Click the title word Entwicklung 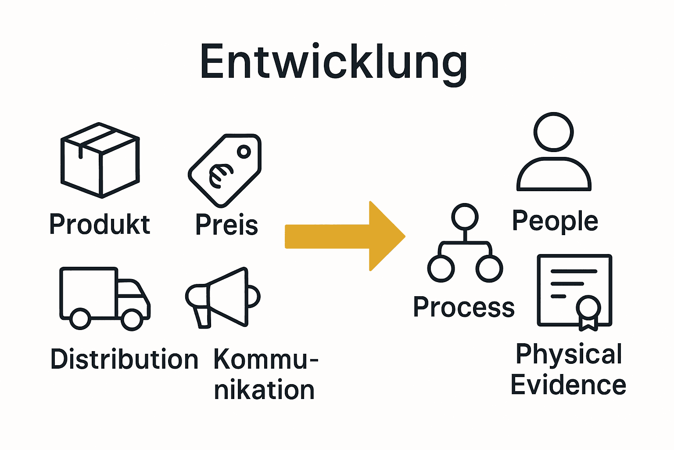333,62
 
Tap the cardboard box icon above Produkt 100,160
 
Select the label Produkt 100,225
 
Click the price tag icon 225,171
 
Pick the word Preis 226,225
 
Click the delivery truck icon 105,298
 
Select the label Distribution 125,359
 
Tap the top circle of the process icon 465,216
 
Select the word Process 464,307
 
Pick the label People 555,221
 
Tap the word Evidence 568,385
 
